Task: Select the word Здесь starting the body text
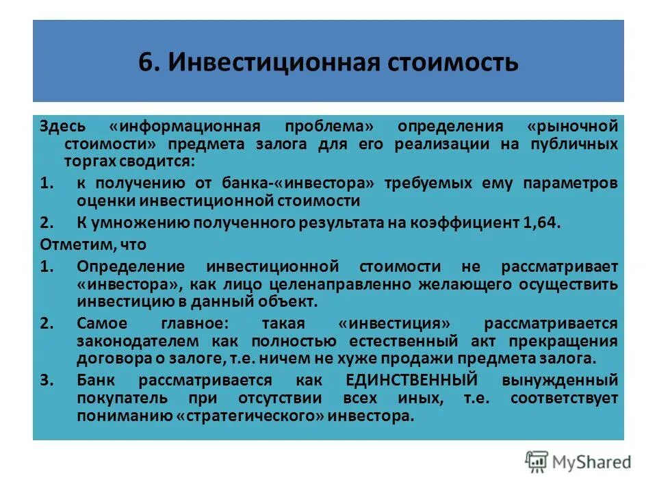[x=62, y=127]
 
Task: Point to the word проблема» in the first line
[x=323, y=127]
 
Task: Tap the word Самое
[x=103, y=323]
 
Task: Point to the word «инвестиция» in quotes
[x=396, y=323]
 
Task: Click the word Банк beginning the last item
[x=96, y=380]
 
